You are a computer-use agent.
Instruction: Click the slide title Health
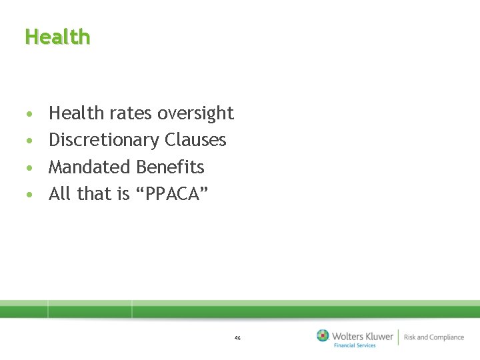(x=57, y=37)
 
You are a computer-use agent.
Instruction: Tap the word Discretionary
(x=104, y=141)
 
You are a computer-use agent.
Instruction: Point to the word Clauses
(x=195, y=140)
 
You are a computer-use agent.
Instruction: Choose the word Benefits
(x=170, y=167)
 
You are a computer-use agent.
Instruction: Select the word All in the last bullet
(x=59, y=194)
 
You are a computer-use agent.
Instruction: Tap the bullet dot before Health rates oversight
(x=28, y=115)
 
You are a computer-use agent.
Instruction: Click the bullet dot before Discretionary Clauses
(x=28, y=141)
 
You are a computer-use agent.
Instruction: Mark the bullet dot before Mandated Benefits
(x=28, y=168)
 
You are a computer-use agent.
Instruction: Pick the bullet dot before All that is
(x=28, y=195)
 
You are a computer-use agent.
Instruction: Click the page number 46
(x=237, y=338)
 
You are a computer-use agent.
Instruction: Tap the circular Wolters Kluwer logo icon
(x=323, y=335)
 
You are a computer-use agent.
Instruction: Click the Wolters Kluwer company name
(x=363, y=336)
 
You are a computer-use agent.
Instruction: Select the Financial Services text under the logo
(x=355, y=345)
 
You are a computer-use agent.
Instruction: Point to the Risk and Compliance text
(x=433, y=337)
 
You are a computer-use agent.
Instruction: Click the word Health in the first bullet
(x=76, y=113)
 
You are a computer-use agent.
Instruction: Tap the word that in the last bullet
(x=90, y=194)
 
